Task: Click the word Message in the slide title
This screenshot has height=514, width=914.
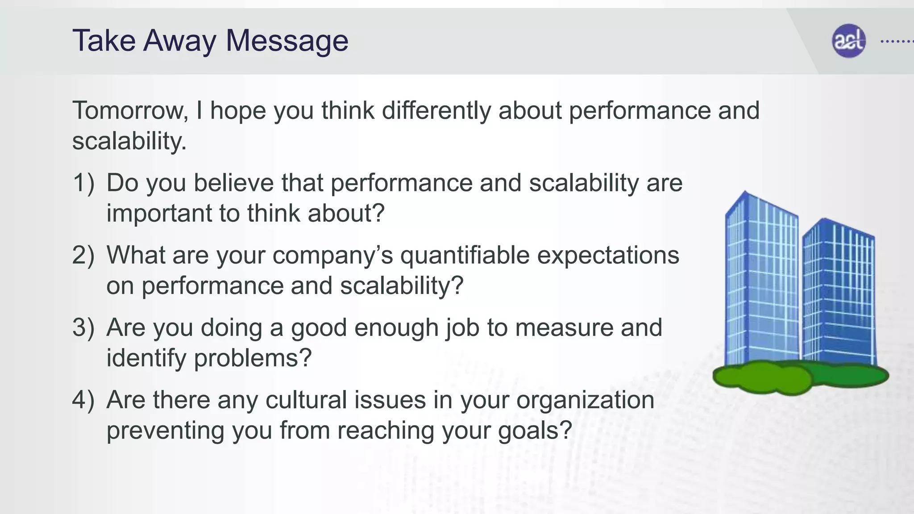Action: click(287, 41)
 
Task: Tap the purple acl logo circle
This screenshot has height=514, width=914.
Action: click(848, 41)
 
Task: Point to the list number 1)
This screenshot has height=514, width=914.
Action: click(83, 183)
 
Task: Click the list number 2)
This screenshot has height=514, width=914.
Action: click(83, 255)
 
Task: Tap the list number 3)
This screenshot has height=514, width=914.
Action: click(83, 327)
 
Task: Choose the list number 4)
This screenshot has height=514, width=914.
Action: click(83, 400)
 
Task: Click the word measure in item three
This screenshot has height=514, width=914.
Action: click(564, 327)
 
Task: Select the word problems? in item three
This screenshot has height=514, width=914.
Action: click(252, 358)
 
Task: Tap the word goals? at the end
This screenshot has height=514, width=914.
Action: click(535, 431)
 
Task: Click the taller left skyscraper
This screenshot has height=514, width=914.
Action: click(761, 281)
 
